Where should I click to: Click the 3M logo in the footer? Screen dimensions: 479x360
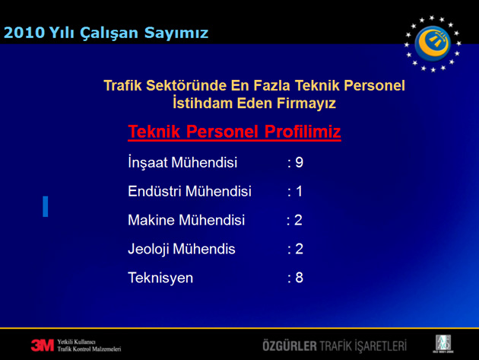(x=42, y=346)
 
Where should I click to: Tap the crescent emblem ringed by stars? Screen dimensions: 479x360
(x=433, y=43)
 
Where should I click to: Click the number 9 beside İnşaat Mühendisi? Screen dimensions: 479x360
(x=300, y=162)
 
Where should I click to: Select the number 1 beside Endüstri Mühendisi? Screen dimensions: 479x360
(x=299, y=191)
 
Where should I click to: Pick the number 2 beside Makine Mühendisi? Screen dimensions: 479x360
(x=298, y=220)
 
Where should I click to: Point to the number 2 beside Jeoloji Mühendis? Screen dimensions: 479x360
(x=299, y=249)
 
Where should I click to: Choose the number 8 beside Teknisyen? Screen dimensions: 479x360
(x=299, y=278)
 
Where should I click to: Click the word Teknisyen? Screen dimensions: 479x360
(x=160, y=278)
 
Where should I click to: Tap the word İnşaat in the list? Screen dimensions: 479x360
(x=148, y=162)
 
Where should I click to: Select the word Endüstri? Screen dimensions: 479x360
(x=154, y=191)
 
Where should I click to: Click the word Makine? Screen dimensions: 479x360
(x=151, y=220)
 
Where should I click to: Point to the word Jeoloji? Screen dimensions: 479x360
(x=148, y=249)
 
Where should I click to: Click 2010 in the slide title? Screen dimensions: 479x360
(x=24, y=33)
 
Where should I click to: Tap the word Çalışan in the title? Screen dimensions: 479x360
(x=109, y=33)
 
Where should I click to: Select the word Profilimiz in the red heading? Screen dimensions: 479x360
(x=303, y=132)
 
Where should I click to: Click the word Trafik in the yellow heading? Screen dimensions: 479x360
(x=122, y=85)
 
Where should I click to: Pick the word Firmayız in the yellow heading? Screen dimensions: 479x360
(x=306, y=104)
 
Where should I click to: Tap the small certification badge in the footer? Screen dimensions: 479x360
(x=443, y=343)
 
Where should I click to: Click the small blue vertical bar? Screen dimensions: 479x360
(x=46, y=206)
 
